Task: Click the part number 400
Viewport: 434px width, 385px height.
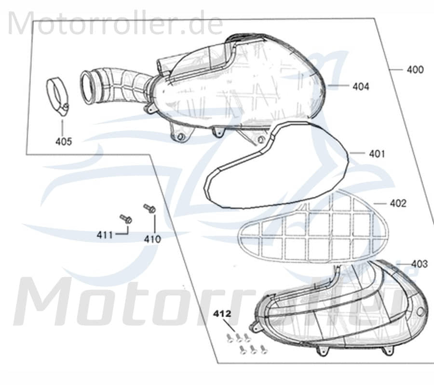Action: tap(415, 70)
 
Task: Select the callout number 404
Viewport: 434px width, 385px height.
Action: tap(361, 87)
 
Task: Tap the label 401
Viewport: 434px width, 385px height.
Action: tap(377, 154)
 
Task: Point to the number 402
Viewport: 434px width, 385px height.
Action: tap(398, 204)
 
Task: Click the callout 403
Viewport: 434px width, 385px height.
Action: tap(420, 264)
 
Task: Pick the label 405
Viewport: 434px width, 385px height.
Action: tap(64, 141)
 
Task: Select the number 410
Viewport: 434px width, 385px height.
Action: tap(152, 239)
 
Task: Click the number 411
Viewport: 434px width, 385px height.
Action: tap(105, 235)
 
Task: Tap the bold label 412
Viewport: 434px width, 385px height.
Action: tap(222, 314)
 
